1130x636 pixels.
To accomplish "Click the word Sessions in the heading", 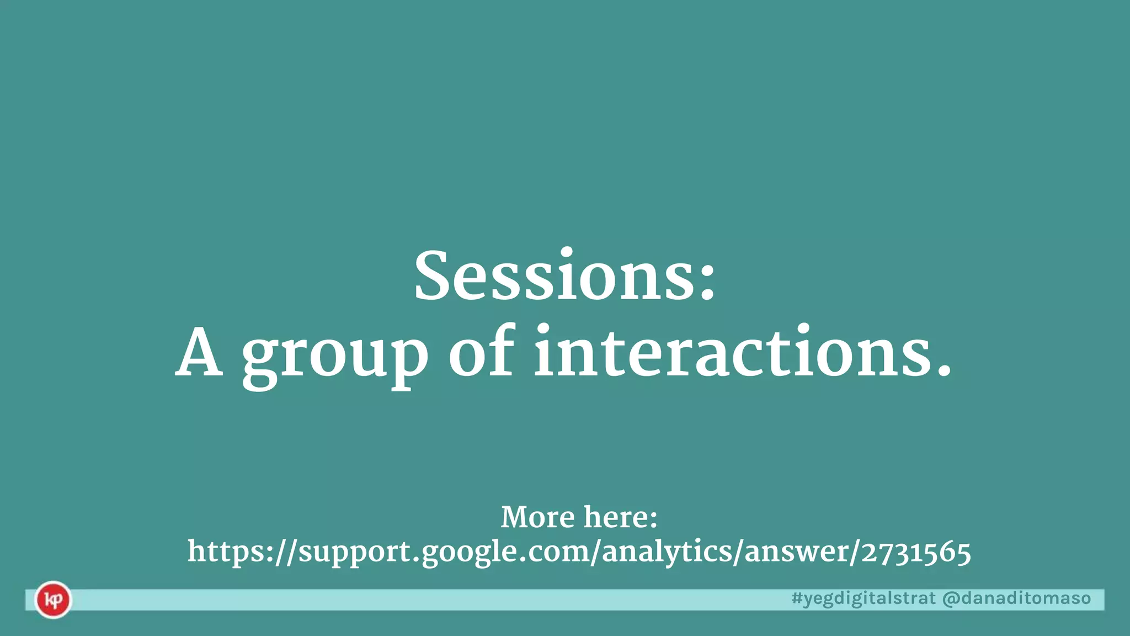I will pyautogui.click(x=554, y=276).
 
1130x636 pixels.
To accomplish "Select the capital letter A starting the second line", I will pyautogui.click(x=199, y=353).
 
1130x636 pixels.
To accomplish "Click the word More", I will pyautogui.click(x=537, y=517).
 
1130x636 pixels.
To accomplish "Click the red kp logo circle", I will pyautogui.click(x=53, y=600).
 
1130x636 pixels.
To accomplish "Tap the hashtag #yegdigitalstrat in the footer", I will pyautogui.click(x=864, y=598).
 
